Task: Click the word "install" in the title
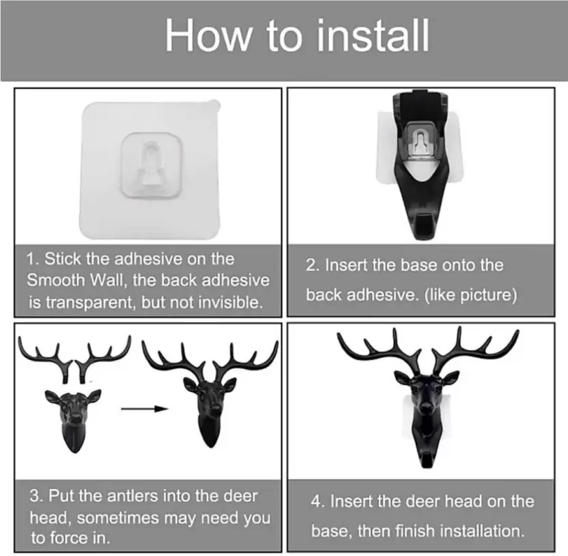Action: coord(373,36)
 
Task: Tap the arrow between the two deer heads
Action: coord(145,409)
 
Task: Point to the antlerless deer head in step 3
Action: coord(73,421)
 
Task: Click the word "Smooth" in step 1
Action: coord(56,280)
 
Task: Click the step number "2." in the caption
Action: coord(313,265)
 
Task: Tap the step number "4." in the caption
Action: coord(318,501)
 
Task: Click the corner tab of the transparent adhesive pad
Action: coord(214,105)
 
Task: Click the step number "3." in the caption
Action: coord(36,496)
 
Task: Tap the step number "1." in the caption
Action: coord(33,259)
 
